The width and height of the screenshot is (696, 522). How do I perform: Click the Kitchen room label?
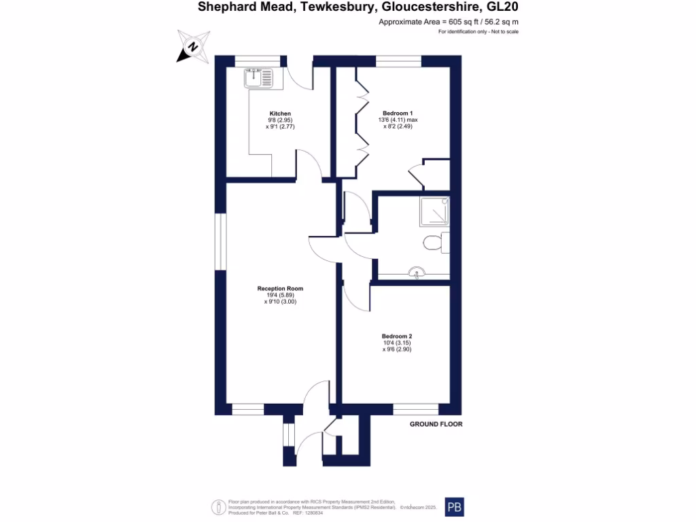pyautogui.click(x=280, y=114)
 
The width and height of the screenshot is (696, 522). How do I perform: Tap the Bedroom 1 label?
pyautogui.click(x=398, y=113)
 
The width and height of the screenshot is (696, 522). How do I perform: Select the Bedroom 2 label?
pyautogui.click(x=397, y=336)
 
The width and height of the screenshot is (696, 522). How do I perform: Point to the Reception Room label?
pyautogui.click(x=281, y=289)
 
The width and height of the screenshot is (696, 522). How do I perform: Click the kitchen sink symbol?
pyautogui.click(x=258, y=77)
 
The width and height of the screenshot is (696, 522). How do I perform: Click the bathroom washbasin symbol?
pyautogui.click(x=417, y=273)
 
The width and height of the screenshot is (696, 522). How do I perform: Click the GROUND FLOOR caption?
pyautogui.click(x=436, y=424)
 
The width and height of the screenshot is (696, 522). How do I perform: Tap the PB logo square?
pyautogui.click(x=454, y=507)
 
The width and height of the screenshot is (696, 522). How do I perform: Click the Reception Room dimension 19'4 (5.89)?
pyautogui.click(x=281, y=295)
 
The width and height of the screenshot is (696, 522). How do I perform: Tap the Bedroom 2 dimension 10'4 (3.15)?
pyautogui.click(x=397, y=343)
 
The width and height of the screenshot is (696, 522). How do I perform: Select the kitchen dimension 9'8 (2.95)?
pyautogui.click(x=280, y=120)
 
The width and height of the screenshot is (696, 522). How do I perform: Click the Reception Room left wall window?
pyautogui.click(x=221, y=242)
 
